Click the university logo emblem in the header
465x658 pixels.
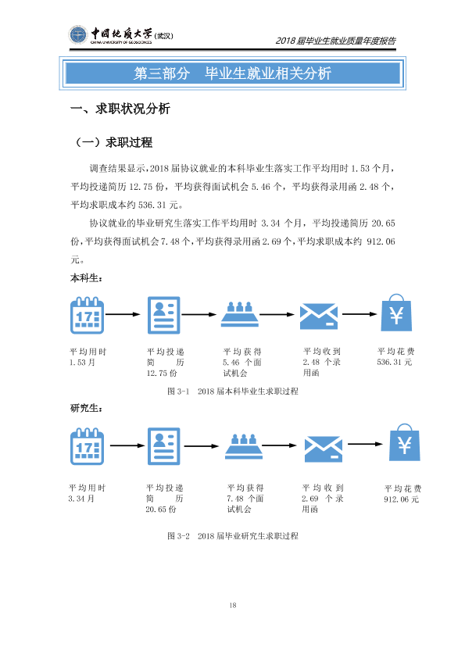[x=77, y=35]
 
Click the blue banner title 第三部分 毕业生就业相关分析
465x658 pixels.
[x=233, y=73]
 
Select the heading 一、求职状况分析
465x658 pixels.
[x=120, y=109]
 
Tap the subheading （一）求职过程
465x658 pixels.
[x=113, y=142]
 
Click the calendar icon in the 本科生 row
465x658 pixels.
[x=87, y=315]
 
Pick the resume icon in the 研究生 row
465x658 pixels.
[x=163, y=446]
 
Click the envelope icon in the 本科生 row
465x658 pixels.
[x=319, y=316]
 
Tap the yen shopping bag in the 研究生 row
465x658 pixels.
[x=405, y=442]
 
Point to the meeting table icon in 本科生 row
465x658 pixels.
[x=240, y=314]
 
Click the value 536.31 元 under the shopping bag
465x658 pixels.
[x=395, y=362]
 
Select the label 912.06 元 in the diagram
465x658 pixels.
[x=402, y=499]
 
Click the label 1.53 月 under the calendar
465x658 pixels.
[x=82, y=362]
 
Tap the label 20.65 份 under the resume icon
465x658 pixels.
[x=161, y=509]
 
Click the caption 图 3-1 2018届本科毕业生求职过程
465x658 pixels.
[x=233, y=391]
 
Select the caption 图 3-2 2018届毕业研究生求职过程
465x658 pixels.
[x=233, y=536]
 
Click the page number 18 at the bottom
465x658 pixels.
[x=233, y=605]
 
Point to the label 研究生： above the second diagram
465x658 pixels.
[x=86, y=408]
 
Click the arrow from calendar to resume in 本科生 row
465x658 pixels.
[x=123, y=314]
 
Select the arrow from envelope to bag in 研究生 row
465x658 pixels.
[x=365, y=444]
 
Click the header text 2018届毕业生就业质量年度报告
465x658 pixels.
[x=335, y=41]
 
